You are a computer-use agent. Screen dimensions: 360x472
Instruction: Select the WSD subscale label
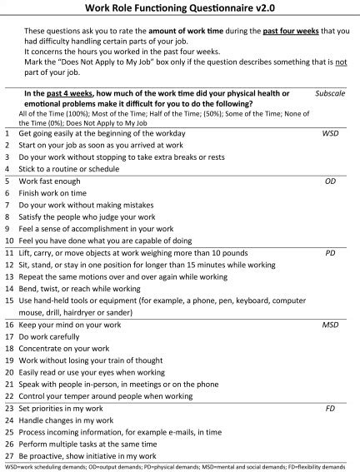click(x=331, y=132)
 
